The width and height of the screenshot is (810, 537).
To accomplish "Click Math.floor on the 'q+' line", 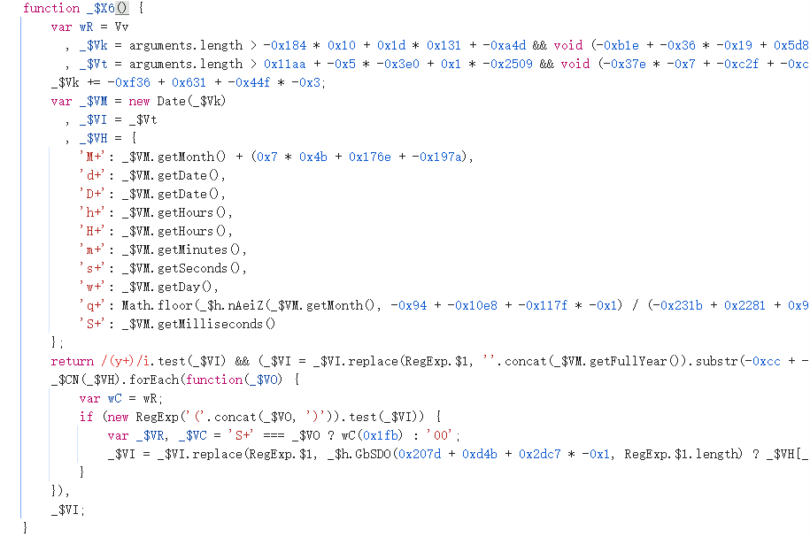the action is tap(158, 305).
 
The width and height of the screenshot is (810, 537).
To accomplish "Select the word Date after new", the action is tap(172, 101).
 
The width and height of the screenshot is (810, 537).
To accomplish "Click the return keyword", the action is tap(72, 361).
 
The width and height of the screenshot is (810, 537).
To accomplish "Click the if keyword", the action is tap(86, 417).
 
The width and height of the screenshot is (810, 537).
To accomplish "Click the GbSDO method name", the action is tap(369, 454).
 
